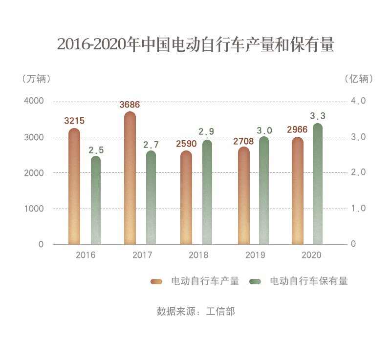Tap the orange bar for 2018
coord(186,198)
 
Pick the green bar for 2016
coord(96,200)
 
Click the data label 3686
coord(130,105)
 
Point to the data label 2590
coord(186,144)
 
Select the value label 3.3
coord(318,116)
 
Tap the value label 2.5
coord(96,150)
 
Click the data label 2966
coord(298,130)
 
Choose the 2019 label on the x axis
coord(255,255)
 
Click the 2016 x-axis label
coord(86,255)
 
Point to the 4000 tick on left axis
coord(34,101)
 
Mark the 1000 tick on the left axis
coord(34,209)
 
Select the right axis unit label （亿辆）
coord(359,79)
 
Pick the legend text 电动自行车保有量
coord(309,281)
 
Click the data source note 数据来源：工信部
coord(195,311)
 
